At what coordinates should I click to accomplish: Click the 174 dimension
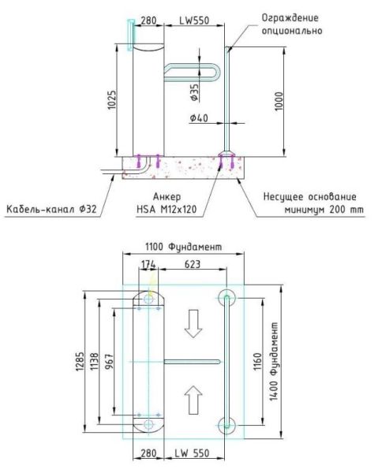tap(148, 266)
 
